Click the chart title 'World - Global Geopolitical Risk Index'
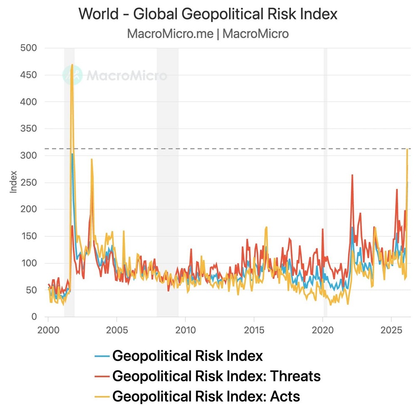click(x=208, y=14)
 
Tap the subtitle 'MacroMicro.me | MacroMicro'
click(x=208, y=33)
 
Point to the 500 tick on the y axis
click(x=29, y=48)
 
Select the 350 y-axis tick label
click(x=29, y=129)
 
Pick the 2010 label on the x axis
click(x=185, y=329)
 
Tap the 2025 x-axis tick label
click(x=391, y=329)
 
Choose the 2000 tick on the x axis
click(x=48, y=329)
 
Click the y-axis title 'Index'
click(x=14, y=182)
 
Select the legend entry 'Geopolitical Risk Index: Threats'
click(x=216, y=376)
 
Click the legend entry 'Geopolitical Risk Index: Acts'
click(x=206, y=396)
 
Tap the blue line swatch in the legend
click(x=102, y=356)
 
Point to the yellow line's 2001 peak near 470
click(x=72, y=65)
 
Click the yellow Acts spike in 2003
click(x=92, y=159)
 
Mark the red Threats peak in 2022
click(x=352, y=175)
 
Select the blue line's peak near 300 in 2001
click(x=72, y=154)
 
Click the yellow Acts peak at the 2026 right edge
click(x=407, y=150)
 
